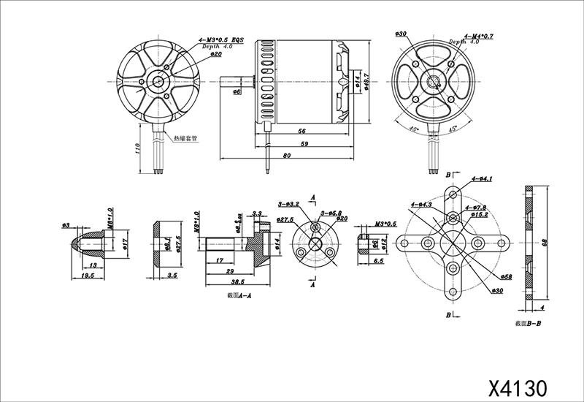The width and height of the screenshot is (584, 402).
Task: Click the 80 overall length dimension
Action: pos(286,156)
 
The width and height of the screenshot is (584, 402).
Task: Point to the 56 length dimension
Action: pos(301,130)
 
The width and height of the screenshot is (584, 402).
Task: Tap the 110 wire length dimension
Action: pos(137,148)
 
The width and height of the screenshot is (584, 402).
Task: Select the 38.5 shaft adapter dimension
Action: pos(237,281)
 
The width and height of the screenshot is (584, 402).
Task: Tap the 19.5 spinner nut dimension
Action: pos(87,277)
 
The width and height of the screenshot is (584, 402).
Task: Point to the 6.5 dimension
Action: pos(379,261)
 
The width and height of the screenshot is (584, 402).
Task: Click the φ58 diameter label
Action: pos(505,277)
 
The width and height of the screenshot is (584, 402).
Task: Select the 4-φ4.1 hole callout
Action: pos(483,178)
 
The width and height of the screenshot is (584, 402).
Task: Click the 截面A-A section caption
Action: pos(239,297)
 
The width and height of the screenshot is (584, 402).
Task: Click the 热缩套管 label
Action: pos(186,138)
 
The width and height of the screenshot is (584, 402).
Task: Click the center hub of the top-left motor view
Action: pos(157,80)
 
